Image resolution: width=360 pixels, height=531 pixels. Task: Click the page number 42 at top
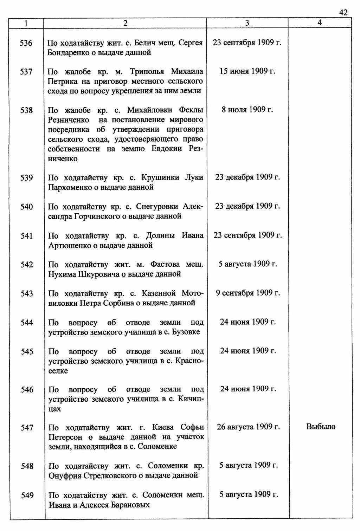(343, 13)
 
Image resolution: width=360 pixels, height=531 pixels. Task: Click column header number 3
(247, 23)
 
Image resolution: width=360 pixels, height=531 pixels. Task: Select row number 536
(26, 43)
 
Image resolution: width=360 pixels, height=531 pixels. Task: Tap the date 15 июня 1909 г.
(247, 71)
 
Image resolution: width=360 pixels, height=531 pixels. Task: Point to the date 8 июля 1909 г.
(247, 110)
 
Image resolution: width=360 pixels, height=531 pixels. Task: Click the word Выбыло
(321, 427)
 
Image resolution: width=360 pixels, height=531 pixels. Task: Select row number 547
(27, 428)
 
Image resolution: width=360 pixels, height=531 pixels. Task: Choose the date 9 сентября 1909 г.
(247, 293)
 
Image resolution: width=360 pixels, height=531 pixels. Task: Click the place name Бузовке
(186, 332)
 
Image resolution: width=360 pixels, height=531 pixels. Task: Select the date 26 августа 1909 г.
(248, 427)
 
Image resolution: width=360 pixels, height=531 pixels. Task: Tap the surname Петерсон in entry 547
(65, 437)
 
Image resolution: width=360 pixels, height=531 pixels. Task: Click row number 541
(27, 236)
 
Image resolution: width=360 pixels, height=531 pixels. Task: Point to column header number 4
(319, 23)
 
